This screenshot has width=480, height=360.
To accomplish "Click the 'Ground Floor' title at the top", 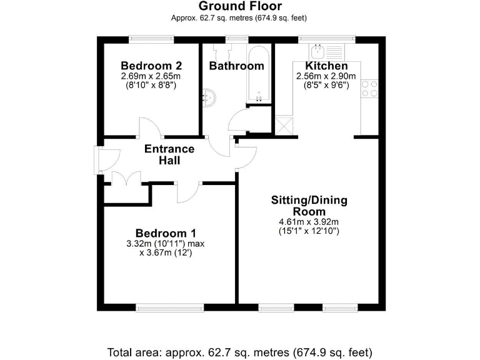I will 239,6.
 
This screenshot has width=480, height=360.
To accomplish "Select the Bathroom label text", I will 236,66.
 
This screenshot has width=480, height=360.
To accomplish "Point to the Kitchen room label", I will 326,66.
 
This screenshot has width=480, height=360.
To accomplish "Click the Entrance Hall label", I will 169,154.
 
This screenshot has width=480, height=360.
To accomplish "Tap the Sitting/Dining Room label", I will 309,206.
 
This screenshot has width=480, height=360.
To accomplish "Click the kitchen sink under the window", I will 326,49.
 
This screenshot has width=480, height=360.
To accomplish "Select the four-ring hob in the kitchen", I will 369,89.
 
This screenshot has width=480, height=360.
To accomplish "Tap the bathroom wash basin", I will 209,97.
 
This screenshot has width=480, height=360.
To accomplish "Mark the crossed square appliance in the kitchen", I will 284,124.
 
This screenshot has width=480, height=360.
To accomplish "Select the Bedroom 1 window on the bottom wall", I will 169,307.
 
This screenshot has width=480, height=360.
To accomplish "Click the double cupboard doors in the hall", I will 126,179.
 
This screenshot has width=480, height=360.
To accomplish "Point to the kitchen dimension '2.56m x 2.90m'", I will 326,76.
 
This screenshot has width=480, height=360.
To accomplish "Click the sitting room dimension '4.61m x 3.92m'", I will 309,222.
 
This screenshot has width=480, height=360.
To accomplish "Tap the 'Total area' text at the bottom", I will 239,351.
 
